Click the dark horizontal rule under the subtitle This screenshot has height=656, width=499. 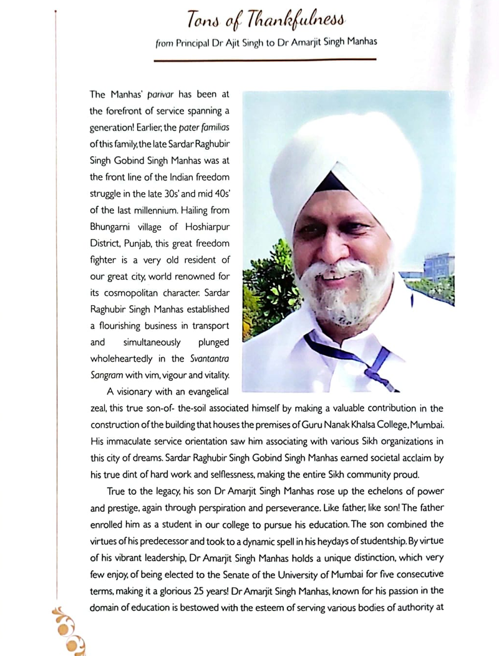click(x=265, y=60)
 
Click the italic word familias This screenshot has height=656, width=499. click(x=213, y=129)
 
